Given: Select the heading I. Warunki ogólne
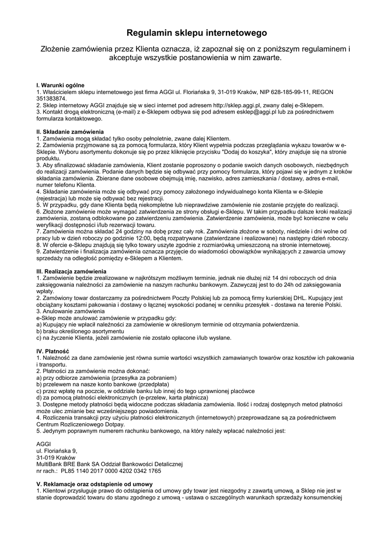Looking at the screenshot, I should coord(60,85).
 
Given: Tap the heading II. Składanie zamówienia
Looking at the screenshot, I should coord(70,132).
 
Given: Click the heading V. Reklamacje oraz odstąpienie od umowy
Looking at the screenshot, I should coord(94,484).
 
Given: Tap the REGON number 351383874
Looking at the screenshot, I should coord(51,99).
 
